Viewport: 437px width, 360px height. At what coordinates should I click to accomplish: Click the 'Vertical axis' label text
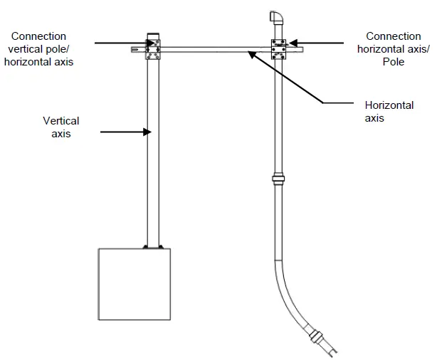(60, 127)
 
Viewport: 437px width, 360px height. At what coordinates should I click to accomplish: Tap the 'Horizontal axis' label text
(389, 112)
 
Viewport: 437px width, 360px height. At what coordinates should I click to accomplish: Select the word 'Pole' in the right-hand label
(393, 62)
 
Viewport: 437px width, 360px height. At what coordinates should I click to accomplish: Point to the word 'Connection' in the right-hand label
(393, 36)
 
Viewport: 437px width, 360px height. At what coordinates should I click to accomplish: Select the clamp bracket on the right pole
(278, 48)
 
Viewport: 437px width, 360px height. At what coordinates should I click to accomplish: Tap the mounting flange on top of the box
(154, 247)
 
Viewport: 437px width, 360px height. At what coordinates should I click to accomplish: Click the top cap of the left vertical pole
(153, 34)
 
